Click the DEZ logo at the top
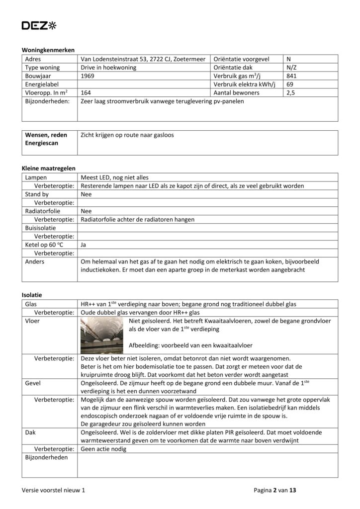39,25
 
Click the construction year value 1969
88,76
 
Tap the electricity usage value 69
290,85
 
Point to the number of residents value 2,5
291,93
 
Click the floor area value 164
86,93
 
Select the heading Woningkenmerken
48,50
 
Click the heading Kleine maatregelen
49,169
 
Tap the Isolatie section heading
32,295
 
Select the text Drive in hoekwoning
108,68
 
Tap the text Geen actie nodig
103,449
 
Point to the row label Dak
30,432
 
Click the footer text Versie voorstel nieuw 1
53,490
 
